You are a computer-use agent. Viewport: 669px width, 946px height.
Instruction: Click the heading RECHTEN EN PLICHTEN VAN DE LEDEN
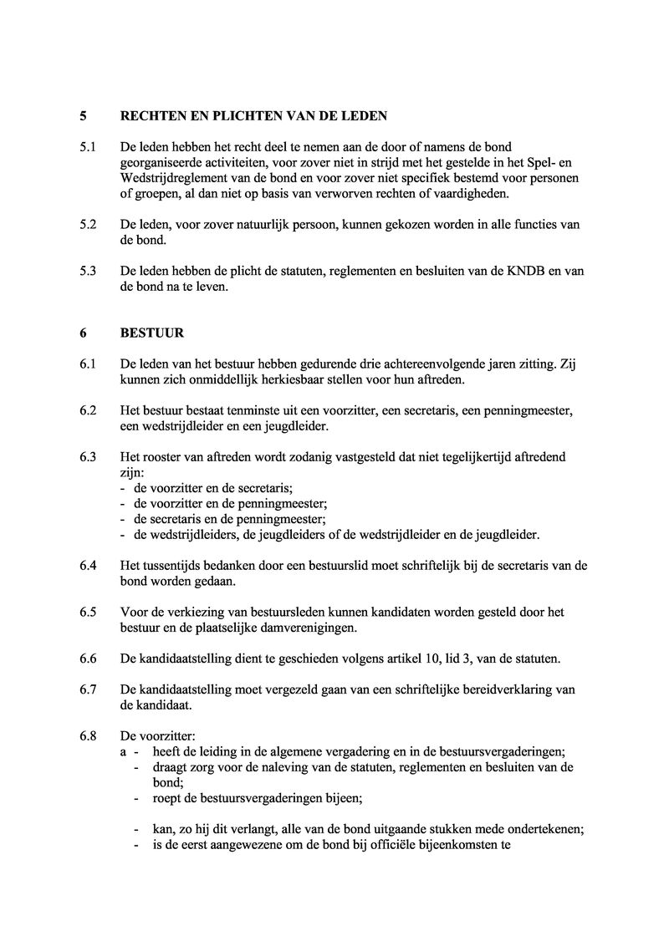(x=253, y=115)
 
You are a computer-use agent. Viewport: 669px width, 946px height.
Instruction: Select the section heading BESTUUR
(x=152, y=333)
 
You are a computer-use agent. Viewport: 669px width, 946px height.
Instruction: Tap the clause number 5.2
(x=88, y=225)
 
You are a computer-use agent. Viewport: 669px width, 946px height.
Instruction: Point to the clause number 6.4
(x=88, y=566)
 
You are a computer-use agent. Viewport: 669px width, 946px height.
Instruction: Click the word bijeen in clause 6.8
(x=344, y=798)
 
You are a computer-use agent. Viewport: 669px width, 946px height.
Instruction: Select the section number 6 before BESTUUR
(x=84, y=333)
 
